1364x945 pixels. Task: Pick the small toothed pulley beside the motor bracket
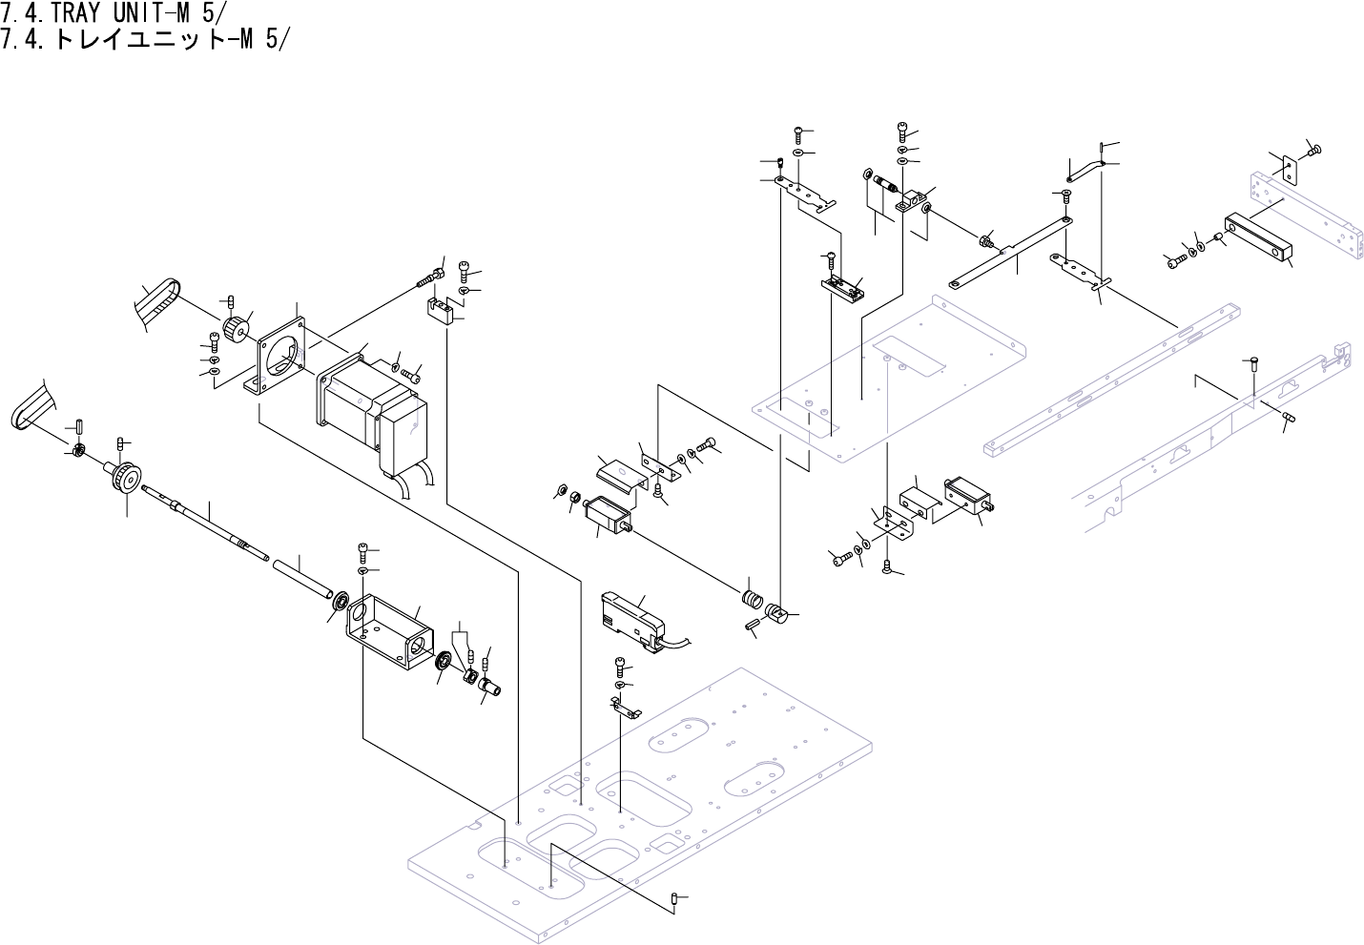point(234,329)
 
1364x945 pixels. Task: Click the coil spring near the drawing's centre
point(753,602)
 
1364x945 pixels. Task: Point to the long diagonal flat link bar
point(1011,252)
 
